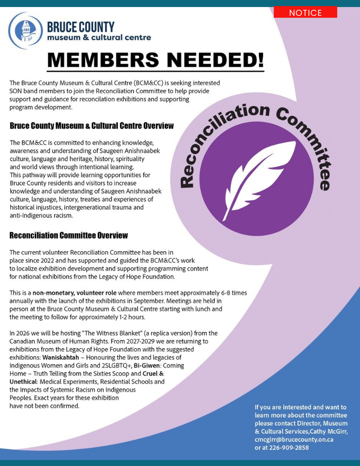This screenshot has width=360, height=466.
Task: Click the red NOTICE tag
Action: coord(305,13)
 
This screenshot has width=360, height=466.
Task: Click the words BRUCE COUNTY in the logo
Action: coord(81,27)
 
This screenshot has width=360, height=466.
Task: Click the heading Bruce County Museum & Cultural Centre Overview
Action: coord(92,126)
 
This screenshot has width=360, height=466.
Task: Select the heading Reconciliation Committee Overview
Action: coord(68,235)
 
